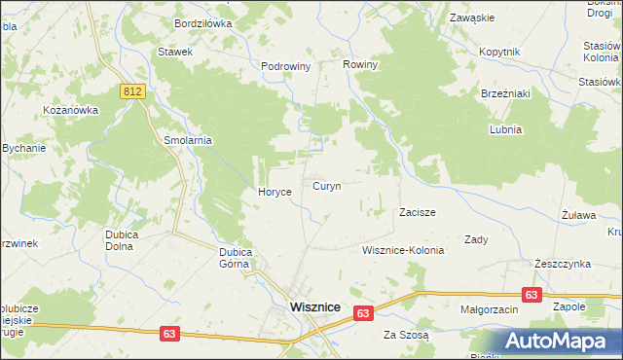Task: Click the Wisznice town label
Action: click(x=314, y=306)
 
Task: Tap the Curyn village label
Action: click(x=326, y=186)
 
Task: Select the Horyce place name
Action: click(x=275, y=193)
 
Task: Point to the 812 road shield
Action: click(x=134, y=90)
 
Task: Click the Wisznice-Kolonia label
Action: click(x=402, y=250)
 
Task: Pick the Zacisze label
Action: click(x=417, y=212)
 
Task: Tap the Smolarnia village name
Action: click(x=188, y=140)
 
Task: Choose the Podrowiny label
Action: click(x=285, y=66)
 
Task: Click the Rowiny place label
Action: click(x=359, y=64)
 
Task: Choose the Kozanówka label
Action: click(x=71, y=110)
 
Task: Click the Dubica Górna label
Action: click(x=236, y=257)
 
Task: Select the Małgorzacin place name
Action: click(x=489, y=308)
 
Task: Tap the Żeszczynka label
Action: click(x=563, y=264)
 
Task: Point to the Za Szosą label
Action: click(x=406, y=335)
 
